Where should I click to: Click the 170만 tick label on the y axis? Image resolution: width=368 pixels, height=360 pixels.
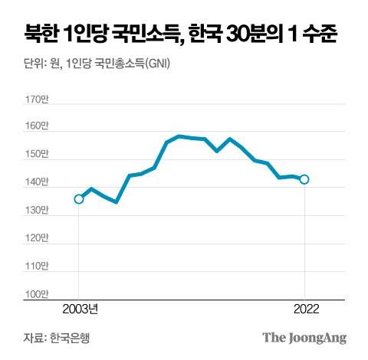37,100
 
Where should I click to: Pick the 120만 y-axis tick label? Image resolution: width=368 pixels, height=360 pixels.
37,238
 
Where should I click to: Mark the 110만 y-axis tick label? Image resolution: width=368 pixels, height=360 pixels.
37,267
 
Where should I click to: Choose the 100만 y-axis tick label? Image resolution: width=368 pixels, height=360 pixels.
37,294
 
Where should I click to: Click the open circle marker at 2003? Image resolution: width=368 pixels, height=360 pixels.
78,199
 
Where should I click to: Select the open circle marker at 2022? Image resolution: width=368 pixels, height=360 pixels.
304,179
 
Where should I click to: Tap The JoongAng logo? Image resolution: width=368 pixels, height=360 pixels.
304,338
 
